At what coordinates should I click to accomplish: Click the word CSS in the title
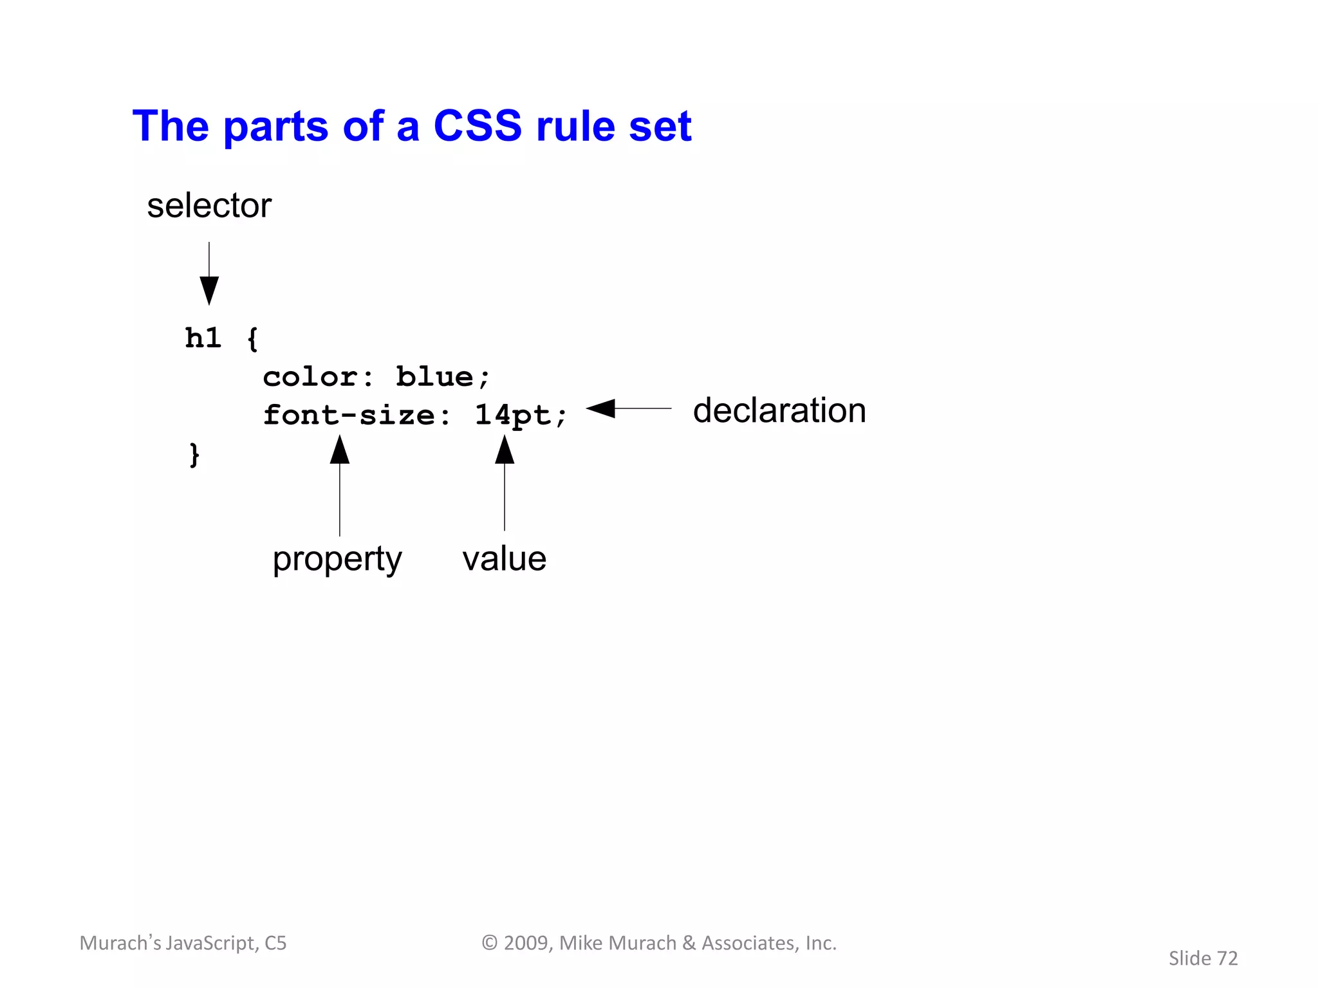tap(478, 125)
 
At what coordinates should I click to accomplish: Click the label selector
tap(209, 206)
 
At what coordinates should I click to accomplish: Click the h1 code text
tap(203, 338)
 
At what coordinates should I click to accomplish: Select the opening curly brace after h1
tap(252, 339)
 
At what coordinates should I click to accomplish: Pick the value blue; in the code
tap(443, 377)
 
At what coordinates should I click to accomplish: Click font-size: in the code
tap(357, 415)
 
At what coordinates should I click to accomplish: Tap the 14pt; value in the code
tap(521, 415)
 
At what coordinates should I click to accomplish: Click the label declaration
tap(779, 410)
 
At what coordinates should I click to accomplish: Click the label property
tap(337, 558)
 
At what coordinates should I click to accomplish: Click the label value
tap(504, 558)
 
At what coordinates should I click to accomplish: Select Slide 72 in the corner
tap(1203, 958)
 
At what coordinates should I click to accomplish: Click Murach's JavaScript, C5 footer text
tap(183, 943)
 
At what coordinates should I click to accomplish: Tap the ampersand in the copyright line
tap(689, 943)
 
